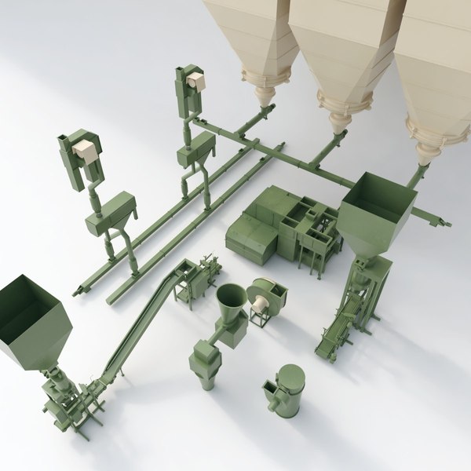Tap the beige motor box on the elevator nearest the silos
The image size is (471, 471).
(195, 81)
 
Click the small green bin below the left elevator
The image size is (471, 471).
(110, 212)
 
